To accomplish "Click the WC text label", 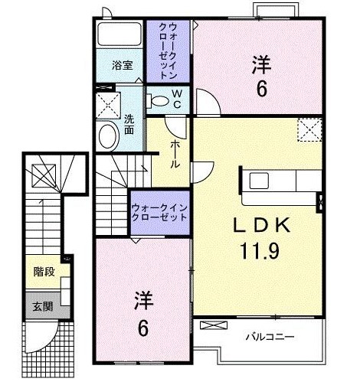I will coord(176,99).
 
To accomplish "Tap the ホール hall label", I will coord(175,153).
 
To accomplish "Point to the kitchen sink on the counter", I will coord(260,181).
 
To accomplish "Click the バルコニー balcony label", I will coord(269,335).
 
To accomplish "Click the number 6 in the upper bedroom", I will coord(261,90).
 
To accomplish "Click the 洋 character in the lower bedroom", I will coord(142,299).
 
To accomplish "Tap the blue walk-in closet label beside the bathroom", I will coord(168,51).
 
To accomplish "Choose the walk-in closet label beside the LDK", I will coord(159,210).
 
